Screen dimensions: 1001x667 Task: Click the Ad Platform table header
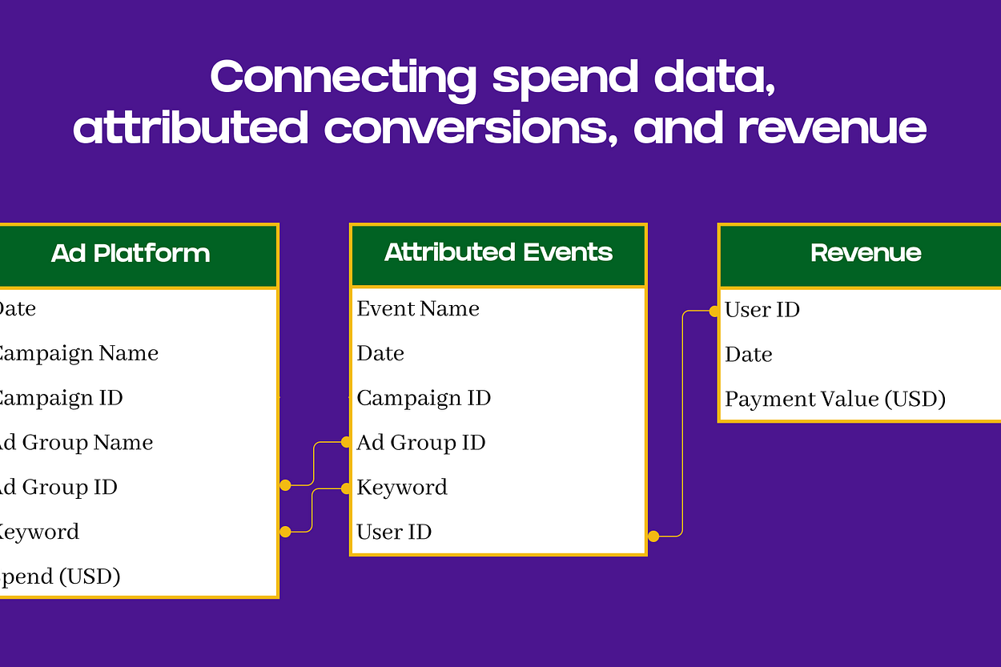click(x=131, y=254)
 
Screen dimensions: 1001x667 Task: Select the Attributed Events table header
click(x=498, y=253)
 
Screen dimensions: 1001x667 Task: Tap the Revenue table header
click(x=865, y=253)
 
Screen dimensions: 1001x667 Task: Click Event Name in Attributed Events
click(x=418, y=309)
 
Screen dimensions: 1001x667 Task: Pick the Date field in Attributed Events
click(x=380, y=354)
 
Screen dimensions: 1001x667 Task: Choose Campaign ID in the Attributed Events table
click(x=424, y=398)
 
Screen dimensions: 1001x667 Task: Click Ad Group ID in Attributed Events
click(x=421, y=443)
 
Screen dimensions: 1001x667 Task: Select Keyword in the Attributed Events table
click(x=402, y=488)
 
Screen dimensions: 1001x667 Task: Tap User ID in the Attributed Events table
click(x=394, y=532)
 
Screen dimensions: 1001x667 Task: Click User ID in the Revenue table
click(x=762, y=310)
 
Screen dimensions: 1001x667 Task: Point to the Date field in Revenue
click(x=749, y=355)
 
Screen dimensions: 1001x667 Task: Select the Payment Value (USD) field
click(x=835, y=399)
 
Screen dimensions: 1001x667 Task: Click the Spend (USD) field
click(x=59, y=577)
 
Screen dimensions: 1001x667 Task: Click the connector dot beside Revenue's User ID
click(x=714, y=311)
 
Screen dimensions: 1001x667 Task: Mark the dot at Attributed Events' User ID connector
click(x=653, y=536)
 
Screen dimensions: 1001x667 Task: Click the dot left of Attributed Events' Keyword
click(x=346, y=488)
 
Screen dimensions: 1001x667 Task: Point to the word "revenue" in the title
click(x=833, y=128)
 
